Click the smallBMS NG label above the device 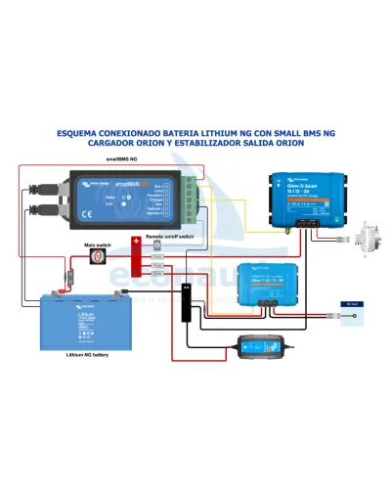coord(122,157)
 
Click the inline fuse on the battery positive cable coord(68,281)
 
